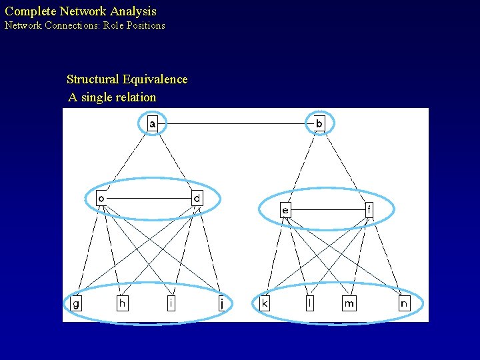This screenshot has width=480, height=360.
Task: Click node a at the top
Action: point(153,123)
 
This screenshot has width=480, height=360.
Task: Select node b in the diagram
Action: point(319,123)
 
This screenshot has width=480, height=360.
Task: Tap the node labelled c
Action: point(101,199)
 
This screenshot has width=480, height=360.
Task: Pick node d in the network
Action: point(197,199)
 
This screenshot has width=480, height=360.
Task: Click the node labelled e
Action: point(285,210)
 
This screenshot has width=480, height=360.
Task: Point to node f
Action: point(369,210)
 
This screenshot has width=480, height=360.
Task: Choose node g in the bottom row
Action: point(76,303)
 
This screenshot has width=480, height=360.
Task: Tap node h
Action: point(122,303)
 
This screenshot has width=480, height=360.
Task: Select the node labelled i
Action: point(171,303)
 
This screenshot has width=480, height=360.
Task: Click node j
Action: point(221,304)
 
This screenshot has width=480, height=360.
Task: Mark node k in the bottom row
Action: point(265,303)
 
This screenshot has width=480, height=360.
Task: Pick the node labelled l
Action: point(309,303)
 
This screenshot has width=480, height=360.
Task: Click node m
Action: point(349,303)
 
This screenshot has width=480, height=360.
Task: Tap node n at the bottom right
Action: point(404,303)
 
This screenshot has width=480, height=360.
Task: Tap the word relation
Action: point(135,97)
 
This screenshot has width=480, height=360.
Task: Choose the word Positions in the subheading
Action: point(143,25)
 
